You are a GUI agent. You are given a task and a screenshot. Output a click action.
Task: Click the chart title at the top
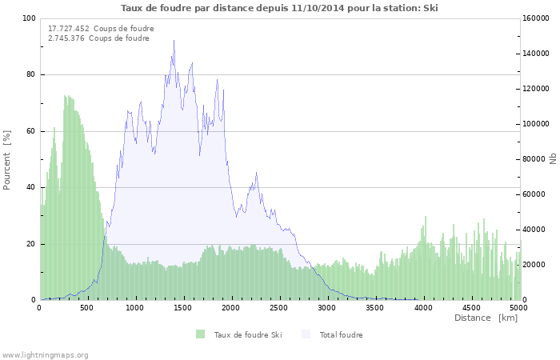coord(279,8)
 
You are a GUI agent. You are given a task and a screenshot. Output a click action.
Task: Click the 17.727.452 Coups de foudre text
coord(101,28)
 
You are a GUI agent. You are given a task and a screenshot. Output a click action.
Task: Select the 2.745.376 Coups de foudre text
coord(98,38)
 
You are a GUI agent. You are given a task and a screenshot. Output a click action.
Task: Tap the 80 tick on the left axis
coord(30,74)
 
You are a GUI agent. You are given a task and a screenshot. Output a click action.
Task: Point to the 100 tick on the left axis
coord(28,18)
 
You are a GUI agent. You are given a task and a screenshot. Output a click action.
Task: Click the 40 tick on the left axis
coord(30,187)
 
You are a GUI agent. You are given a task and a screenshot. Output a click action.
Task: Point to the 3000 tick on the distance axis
coord(326,307)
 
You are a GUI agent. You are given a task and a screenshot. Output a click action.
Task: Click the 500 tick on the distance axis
coord(87,307)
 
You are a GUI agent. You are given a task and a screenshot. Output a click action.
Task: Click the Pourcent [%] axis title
coord(7,159)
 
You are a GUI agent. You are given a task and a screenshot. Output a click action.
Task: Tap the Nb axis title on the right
coord(553,158)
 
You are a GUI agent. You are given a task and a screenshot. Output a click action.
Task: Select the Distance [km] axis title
coord(486,318)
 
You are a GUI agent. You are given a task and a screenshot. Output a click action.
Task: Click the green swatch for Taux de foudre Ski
coord(200,334)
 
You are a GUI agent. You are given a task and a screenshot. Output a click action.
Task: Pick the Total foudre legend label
coord(341,334)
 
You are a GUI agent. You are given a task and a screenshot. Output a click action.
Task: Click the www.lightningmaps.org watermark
coord(45,354)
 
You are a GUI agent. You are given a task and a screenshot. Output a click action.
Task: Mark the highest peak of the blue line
coord(174,52)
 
